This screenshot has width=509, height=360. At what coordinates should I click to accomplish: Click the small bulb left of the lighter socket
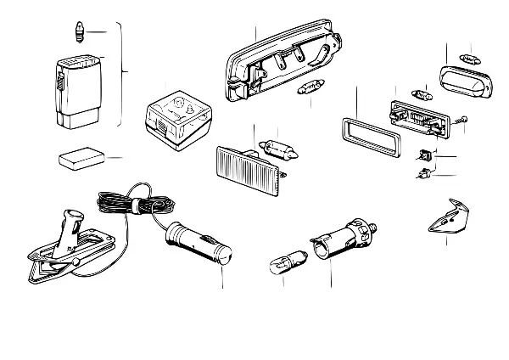point(282,258)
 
